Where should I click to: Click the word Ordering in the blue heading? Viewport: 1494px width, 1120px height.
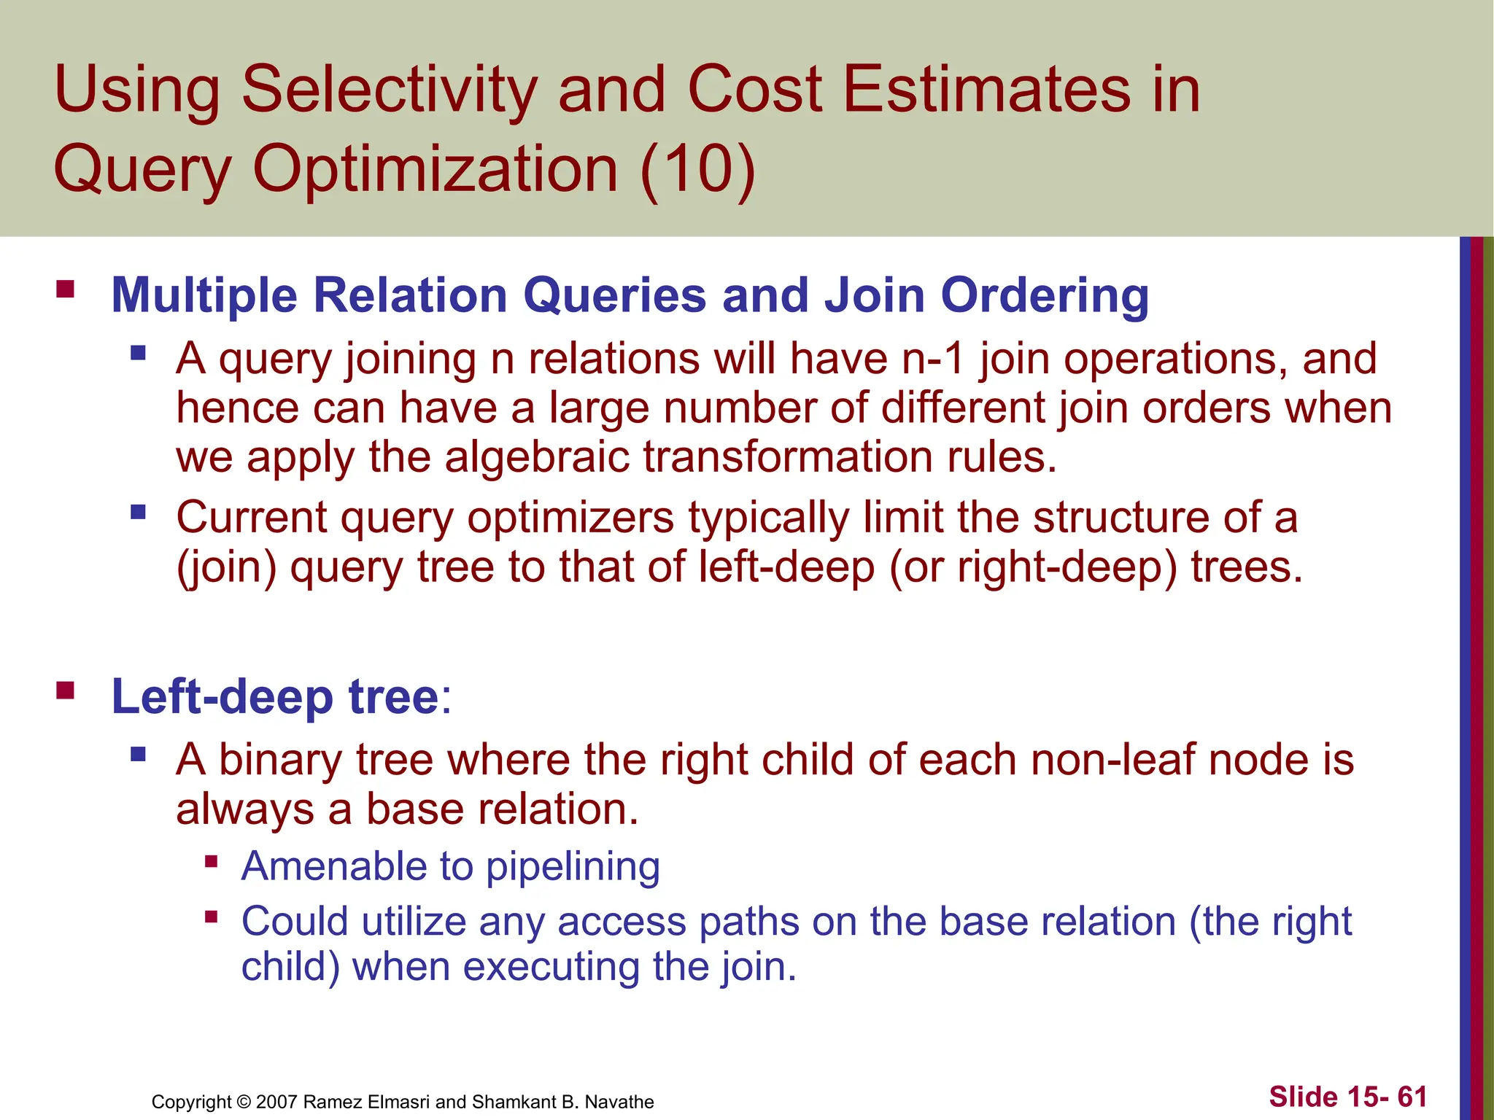(1045, 295)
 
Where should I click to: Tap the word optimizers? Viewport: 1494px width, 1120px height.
(570, 518)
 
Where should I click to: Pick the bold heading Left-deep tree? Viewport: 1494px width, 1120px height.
(274, 696)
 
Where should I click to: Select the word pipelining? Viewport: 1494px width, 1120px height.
(573, 866)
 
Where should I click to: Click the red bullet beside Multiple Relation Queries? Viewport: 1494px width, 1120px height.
(66, 289)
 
